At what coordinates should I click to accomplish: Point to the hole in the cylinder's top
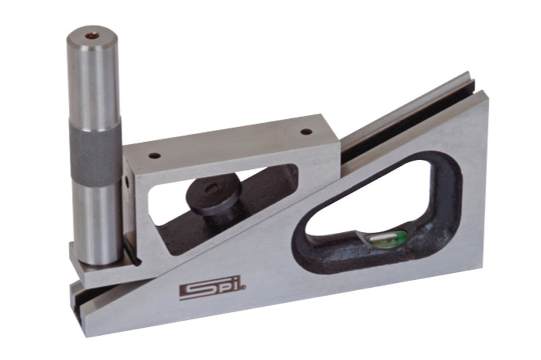tap(92, 35)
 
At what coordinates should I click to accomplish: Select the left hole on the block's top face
tap(156, 156)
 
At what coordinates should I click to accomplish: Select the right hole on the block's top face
tap(306, 131)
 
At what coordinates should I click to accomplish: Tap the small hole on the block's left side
tap(127, 182)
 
